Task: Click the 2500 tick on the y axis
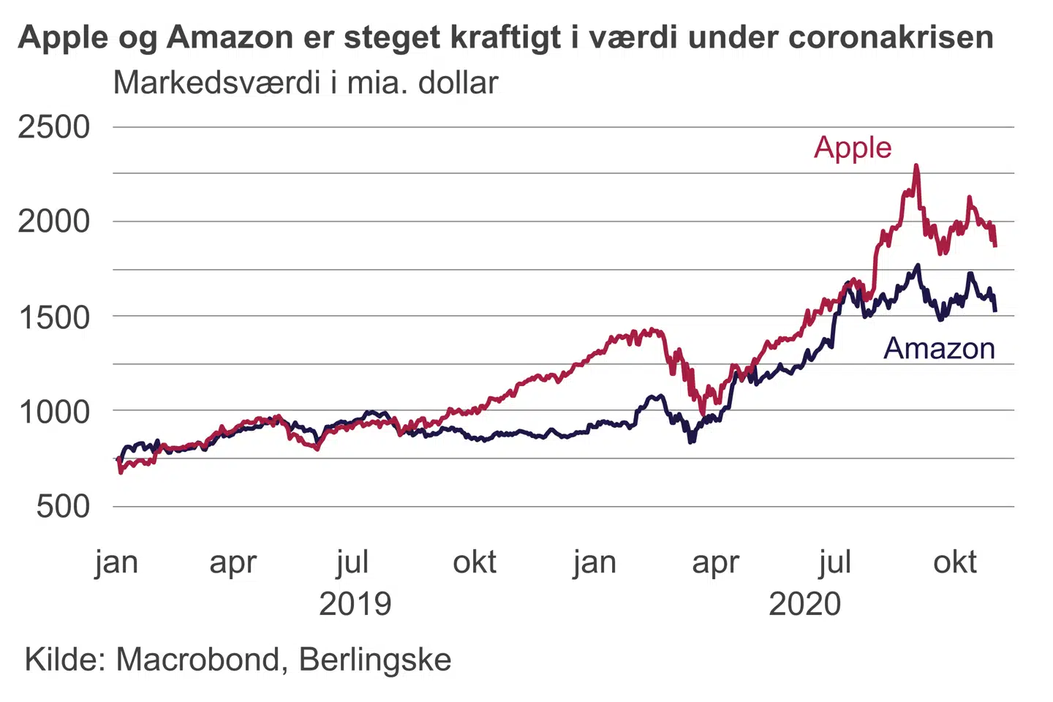click(x=53, y=127)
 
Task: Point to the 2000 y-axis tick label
click(x=53, y=222)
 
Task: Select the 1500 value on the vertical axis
click(x=53, y=317)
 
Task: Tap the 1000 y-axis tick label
click(x=53, y=412)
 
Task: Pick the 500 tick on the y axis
click(x=63, y=507)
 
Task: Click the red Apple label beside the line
click(x=853, y=148)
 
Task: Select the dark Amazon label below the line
click(x=939, y=349)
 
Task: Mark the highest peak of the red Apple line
click(x=916, y=167)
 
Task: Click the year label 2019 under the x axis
click(x=355, y=604)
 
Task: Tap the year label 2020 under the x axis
click(x=804, y=604)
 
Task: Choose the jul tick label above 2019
click(x=352, y=562)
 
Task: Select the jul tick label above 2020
click(x=835, y=562)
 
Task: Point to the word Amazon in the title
click(x=230, y=37)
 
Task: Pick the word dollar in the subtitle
click(x=458, y=83)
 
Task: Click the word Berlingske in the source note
click(x=375, y=660)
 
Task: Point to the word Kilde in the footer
click(x=66, y=660)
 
